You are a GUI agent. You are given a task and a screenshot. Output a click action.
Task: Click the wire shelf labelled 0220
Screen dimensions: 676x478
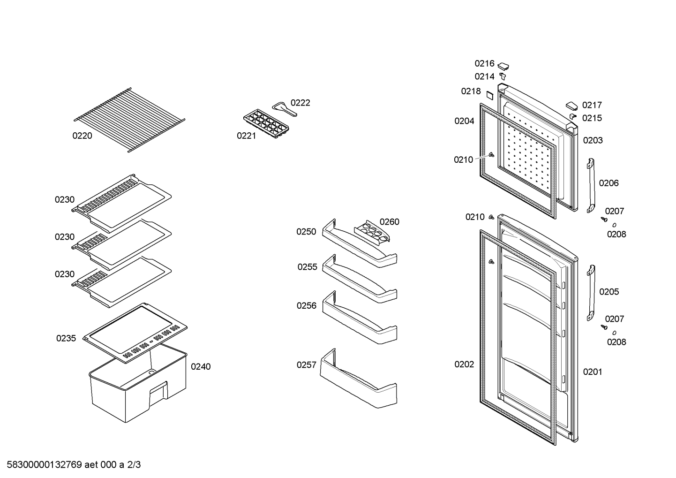point(129,120)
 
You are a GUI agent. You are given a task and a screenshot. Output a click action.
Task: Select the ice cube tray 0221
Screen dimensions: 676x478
point(266,124)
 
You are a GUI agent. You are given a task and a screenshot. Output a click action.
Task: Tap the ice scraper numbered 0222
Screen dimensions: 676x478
point(284,109)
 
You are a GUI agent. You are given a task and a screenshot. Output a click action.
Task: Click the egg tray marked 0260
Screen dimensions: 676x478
point(372,231)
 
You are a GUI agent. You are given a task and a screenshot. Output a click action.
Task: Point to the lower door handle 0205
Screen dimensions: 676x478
point(591,293)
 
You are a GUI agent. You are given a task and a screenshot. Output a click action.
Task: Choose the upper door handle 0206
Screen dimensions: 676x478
point(591,185)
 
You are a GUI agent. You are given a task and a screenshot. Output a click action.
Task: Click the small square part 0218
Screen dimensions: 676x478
point(489,95)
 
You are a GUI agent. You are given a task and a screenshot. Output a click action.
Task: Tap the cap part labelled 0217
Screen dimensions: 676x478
point(571,106)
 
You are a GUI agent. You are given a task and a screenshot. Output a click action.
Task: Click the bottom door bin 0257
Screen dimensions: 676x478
point(359,379)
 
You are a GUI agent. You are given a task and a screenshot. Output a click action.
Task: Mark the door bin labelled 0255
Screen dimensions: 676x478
point(360,279)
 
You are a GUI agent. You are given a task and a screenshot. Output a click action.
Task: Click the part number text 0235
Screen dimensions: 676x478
point(66,338)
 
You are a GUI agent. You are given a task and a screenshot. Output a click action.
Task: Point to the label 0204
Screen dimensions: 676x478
point(464,121)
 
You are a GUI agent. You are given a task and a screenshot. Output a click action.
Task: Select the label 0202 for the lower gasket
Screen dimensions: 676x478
point(464,364)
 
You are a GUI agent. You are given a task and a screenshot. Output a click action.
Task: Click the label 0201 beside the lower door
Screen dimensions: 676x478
point(593,372)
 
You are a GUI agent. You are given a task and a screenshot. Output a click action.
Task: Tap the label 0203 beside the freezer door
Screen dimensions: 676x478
point(593,140)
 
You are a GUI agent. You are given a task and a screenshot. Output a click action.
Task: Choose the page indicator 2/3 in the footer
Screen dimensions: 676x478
point(134,465)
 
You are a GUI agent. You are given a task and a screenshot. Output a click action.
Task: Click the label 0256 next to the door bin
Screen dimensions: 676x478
point(306,305)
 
